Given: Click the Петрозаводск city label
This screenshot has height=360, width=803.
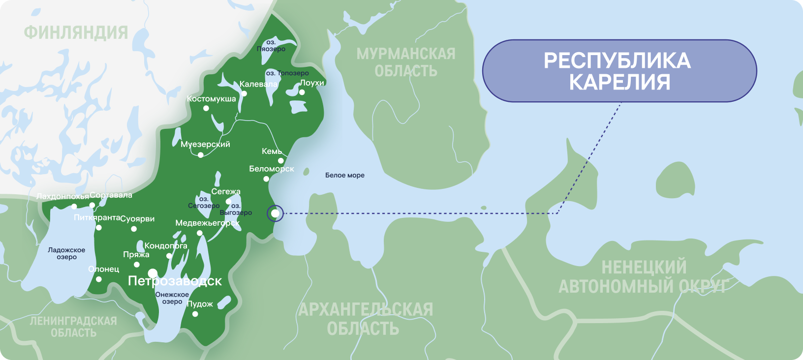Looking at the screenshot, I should tap(175, 281).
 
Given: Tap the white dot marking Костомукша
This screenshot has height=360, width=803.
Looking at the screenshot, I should tap(206, 108).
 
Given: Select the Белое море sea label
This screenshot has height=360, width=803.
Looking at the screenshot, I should tap(344, 175).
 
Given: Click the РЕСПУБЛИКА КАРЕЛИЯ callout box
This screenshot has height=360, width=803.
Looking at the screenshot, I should tap(619, 71).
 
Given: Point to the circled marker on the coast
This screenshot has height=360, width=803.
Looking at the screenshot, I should tap(275, 213).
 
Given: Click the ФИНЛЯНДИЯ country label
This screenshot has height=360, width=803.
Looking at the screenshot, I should tap(76, 32).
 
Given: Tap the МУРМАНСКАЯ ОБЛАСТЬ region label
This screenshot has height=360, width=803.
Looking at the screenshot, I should tap(406, 62).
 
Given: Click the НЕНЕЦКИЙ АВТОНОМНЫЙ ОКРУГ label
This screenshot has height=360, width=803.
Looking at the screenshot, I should tap(644, 276).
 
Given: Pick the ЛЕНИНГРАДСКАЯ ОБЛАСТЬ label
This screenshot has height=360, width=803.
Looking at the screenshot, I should tap(73, 327).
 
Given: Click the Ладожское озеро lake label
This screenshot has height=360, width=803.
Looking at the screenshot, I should tap(66, 253).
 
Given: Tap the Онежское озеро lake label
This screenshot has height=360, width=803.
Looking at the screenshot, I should tap(172, 298).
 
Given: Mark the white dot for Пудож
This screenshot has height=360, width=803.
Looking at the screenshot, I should tap(195, 314).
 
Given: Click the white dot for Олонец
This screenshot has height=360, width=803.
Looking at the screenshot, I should tap(99, 279).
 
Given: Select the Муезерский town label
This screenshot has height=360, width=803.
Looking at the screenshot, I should tap(205, 144).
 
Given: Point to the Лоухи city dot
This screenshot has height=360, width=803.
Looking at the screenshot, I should tap(302, 92).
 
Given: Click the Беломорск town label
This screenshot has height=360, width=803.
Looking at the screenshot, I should tap(271, 169).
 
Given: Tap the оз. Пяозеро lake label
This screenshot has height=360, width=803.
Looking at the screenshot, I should tap(271, 46).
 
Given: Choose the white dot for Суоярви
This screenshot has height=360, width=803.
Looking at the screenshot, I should tap(134, 229).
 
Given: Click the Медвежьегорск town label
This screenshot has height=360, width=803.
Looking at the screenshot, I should tap(207, 223).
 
